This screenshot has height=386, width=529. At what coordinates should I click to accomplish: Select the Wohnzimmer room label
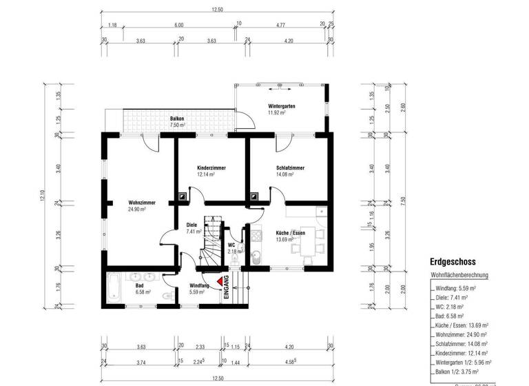[x=141, y=202]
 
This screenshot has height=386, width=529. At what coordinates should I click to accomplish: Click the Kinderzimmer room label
[x=211, y=168]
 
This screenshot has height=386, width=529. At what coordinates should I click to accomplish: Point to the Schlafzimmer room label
[x=289, y=168]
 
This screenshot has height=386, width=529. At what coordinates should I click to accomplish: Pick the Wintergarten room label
[x=282, y=105]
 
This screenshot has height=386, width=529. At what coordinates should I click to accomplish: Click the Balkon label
[x=178, y=119]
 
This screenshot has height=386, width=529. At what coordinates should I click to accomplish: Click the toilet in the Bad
[x=162, y=295]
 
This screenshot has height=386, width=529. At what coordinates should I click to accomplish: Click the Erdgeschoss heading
[x=453, y=262]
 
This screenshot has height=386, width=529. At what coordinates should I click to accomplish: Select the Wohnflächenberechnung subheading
[x=459, y=275]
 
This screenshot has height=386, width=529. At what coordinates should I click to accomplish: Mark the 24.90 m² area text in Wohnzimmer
[x=137, y=209]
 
